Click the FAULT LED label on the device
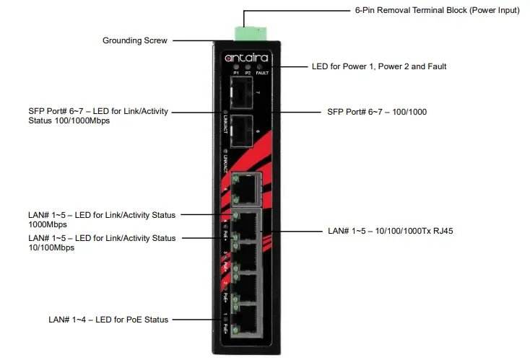pos(261,74)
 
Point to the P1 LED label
pos(235,74)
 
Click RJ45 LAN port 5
pos(248,188)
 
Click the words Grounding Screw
pos(135,41)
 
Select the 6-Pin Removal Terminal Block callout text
pos(437,12)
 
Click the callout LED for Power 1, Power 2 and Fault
pos(378,66)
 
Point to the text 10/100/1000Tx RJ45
pos(411,232)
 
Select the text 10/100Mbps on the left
pos(51,247)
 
